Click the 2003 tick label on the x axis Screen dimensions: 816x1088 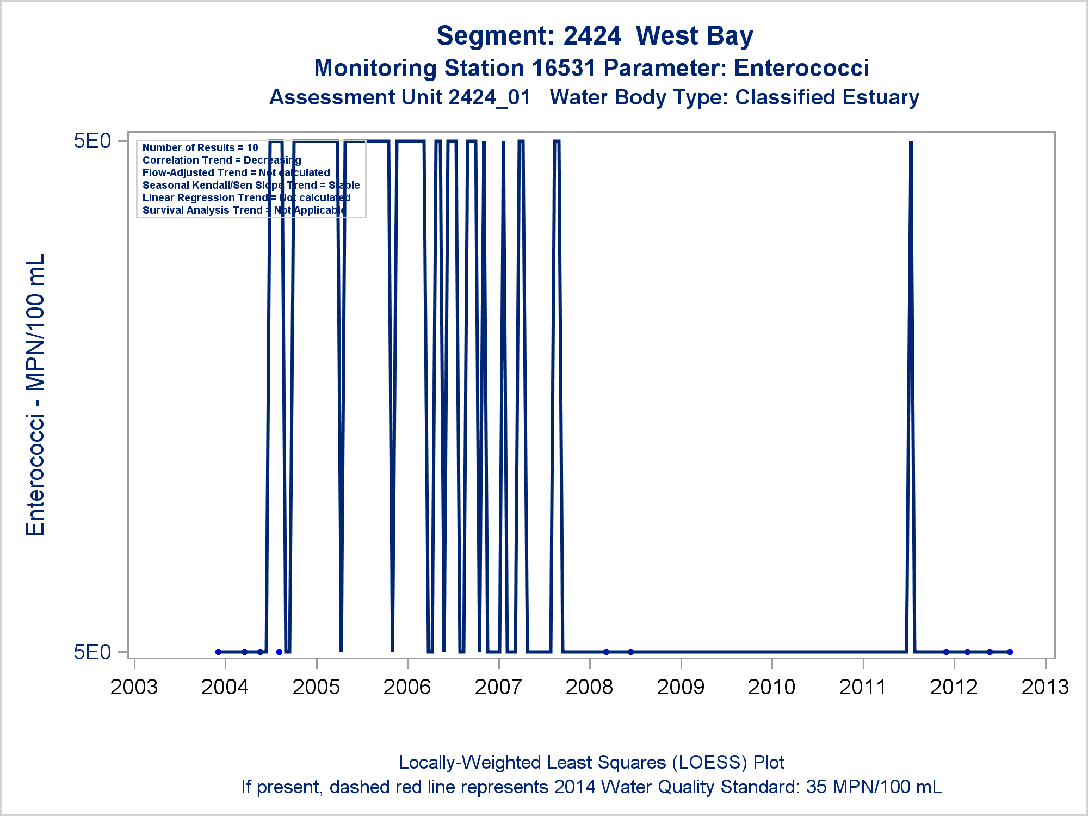[x=134, y=687]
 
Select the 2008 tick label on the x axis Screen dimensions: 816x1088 [x=589, y=687]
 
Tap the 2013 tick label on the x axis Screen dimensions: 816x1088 [x=1045, y=687]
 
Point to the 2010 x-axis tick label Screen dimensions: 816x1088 [x=771, y=687]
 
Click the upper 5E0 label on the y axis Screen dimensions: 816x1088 [x=92, y=141]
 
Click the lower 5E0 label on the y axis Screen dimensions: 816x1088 [x=92, y=652]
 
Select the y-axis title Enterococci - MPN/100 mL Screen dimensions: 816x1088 [x=35, y=394]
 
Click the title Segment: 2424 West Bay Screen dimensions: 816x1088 [x=595, y=36]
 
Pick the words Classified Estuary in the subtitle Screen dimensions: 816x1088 [x=827, y=98]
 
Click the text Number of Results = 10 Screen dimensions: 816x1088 [x=200, y=147]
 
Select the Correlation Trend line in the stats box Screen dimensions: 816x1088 [x=221, y=160]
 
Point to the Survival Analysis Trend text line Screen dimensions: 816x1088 [x=244, y=210]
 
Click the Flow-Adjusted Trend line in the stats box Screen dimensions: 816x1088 [x=236, y=172]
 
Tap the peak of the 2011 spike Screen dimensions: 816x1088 [x=911, y=143]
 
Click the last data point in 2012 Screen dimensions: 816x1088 [x=1010, y=652]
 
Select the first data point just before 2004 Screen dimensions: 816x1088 [x=218, y=652]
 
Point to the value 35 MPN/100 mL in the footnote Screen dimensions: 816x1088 [x=874, y=787]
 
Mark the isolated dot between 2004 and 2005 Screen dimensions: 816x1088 [x=279, y=652]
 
